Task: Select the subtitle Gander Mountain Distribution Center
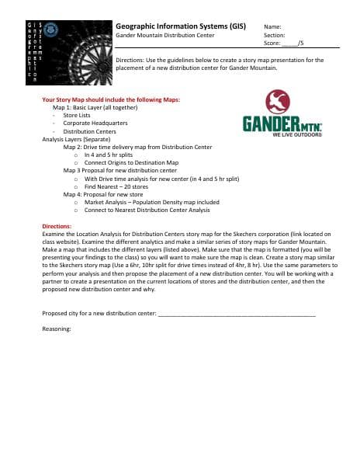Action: click(x=164, y=36)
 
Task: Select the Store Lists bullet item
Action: click(x=77, y=115)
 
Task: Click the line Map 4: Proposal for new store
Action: click(x=103, y=194)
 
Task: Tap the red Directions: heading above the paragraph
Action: click(x=56, y=226)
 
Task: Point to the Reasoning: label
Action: click(x=57, y=329)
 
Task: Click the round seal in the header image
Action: click(x=52, y=30)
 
